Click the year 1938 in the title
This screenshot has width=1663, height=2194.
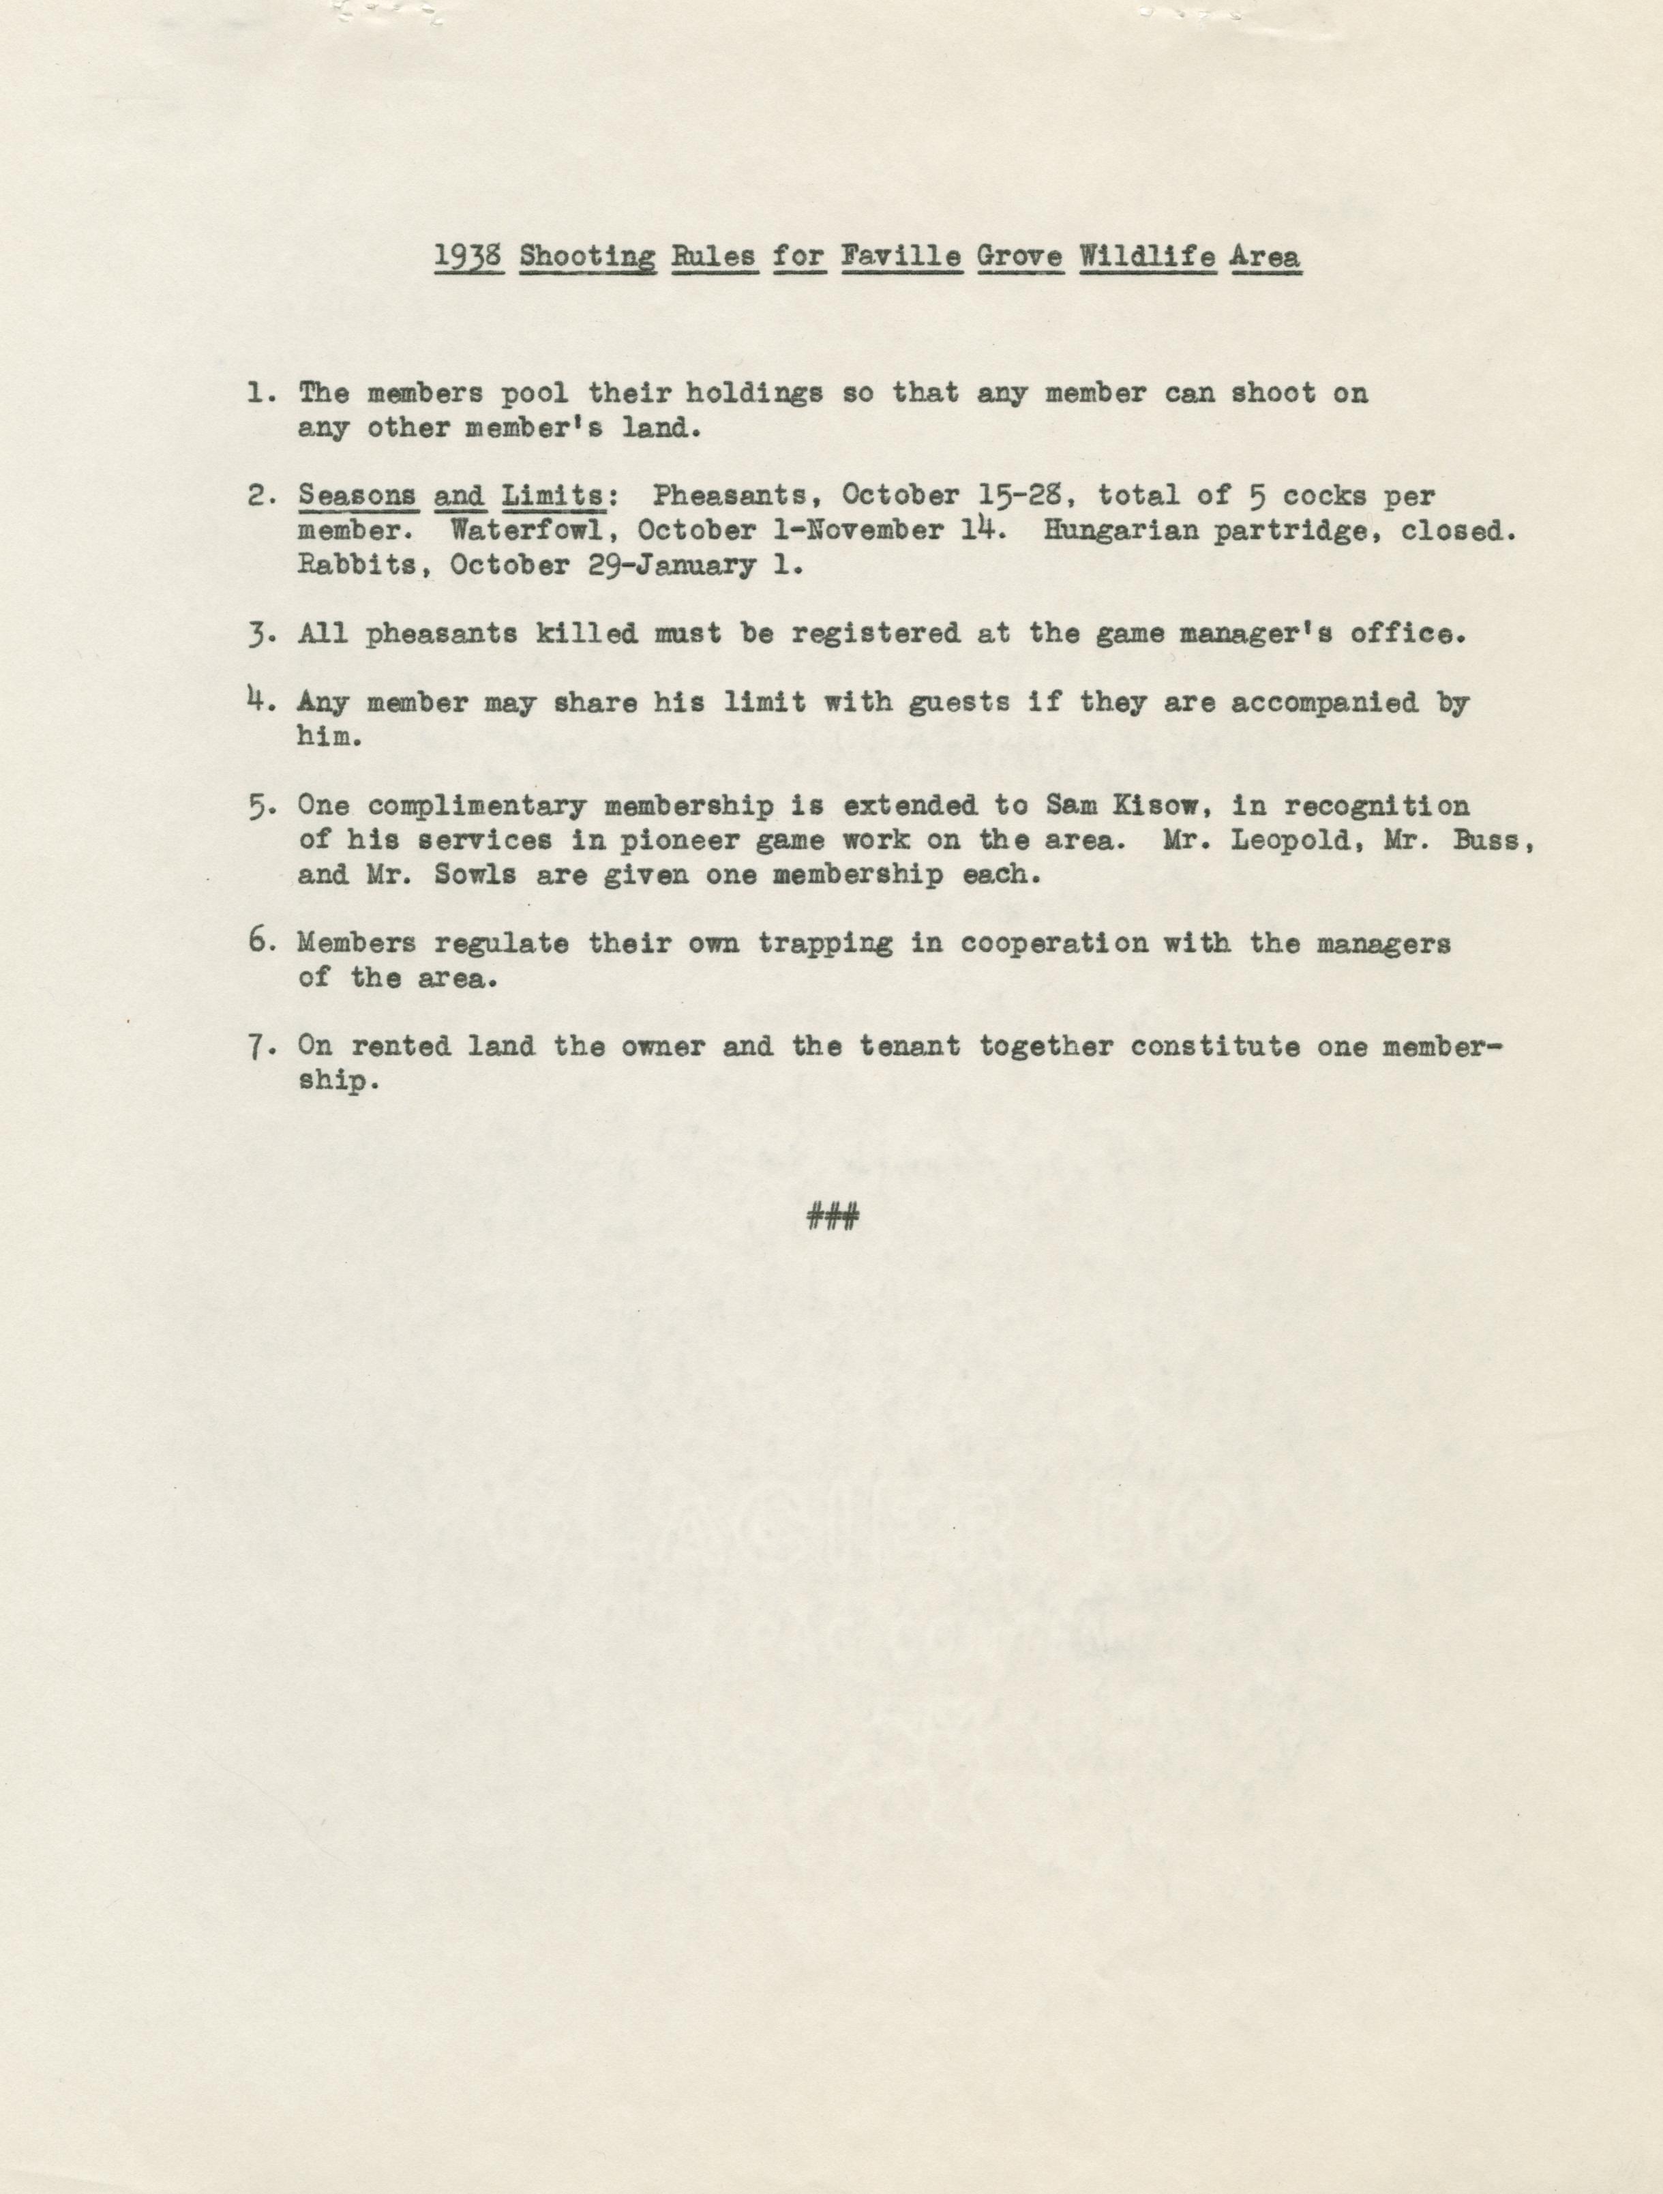[472, 257]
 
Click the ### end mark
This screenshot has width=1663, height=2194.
[832, 1217]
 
